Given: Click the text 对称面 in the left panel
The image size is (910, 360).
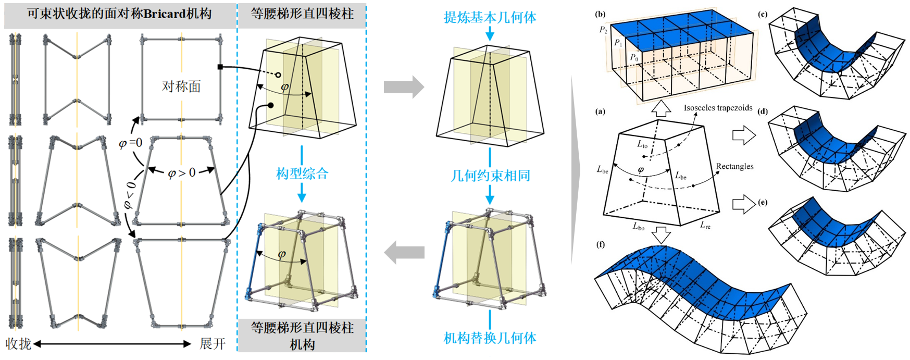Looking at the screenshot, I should coord(181,86).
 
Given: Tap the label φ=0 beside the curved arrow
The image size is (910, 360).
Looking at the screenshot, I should coord(130,143).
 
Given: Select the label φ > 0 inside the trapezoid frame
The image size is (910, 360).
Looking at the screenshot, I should coord(181,172).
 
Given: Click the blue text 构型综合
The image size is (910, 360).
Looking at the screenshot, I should coord(302,173).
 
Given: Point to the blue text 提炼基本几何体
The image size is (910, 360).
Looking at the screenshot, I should coord(490,18).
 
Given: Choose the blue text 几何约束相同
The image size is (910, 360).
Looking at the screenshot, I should coord(490,176).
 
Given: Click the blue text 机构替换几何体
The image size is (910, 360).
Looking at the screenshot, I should coord(490,338).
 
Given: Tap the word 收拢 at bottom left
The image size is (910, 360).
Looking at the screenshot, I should coord(19,344).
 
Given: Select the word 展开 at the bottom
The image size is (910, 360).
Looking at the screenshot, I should coord(213,344).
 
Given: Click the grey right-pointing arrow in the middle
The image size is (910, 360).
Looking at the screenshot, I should coord(403,87).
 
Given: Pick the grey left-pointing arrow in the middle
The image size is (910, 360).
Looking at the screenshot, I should coord(403,253).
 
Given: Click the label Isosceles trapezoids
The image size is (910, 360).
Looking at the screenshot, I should coord(718,108).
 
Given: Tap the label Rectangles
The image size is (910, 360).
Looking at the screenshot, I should coord(734,166).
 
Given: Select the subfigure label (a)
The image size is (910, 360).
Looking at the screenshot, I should coord(601,111).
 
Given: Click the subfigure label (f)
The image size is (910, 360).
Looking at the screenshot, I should coord(601,244).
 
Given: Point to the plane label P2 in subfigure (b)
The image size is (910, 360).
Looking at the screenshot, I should coord(603,30).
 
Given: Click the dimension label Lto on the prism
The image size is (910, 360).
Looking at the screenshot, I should coord(642,144).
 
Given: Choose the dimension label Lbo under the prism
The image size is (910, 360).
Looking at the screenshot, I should coord(639,227).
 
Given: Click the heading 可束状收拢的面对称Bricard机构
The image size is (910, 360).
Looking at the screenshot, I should coord(119,14).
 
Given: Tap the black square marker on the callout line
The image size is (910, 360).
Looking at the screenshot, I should coord(220,67).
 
